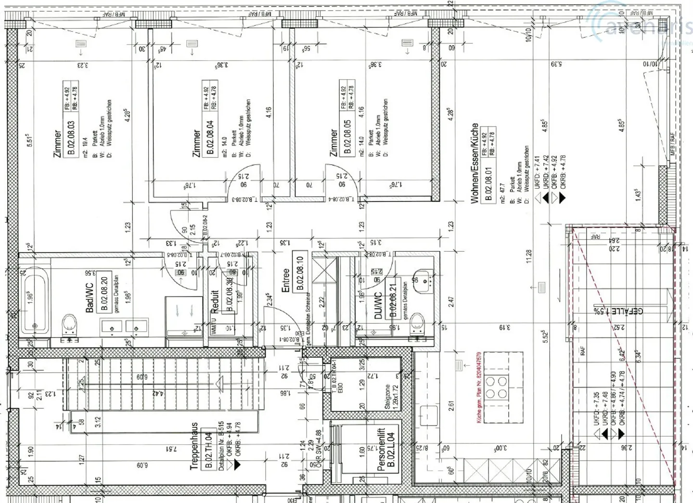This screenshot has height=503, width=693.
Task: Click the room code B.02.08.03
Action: pos(71,139)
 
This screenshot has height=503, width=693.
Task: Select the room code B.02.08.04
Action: pos(210,139)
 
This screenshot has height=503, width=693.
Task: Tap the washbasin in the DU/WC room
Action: pos(423,278)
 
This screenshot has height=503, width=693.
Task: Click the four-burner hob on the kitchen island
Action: pos(497,388)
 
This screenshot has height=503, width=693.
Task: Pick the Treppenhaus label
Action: pos(194,447)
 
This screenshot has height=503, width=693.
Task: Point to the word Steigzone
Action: pos(387,396)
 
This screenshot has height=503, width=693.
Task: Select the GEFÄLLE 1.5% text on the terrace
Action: pos(618,311)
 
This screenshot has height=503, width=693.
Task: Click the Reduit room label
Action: pos(215,301)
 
